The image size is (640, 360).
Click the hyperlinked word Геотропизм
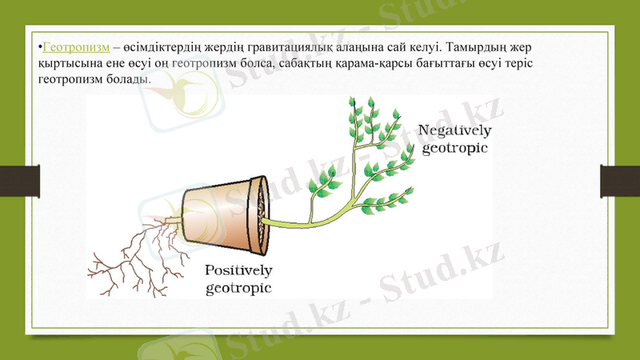pos(76,46)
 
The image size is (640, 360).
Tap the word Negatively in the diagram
pos(455,130)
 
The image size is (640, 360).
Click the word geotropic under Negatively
pos(454,148)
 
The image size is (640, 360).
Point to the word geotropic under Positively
pos(238,288)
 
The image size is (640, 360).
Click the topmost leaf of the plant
pos(351,103)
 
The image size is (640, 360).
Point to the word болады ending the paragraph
pos(128,80)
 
